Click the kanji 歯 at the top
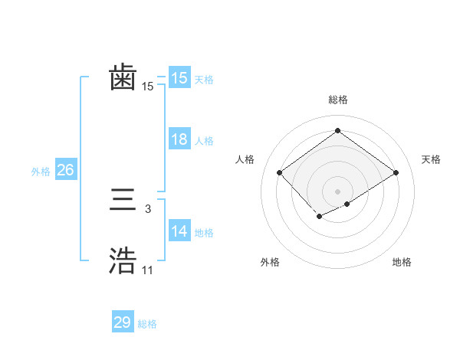123,78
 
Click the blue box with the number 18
179,139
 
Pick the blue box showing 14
179,231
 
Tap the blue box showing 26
66,170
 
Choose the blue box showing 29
123,322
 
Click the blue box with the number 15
179,78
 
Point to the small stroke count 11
147,270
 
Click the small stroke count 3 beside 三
147,209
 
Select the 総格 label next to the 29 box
147,324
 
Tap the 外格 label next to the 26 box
41,172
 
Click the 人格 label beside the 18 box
204,141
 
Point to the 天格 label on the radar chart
431,159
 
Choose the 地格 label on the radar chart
402,262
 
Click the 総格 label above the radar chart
337,100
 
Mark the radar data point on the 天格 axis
396,172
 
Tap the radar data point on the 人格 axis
280,172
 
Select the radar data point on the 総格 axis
337,131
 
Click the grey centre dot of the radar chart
337,191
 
